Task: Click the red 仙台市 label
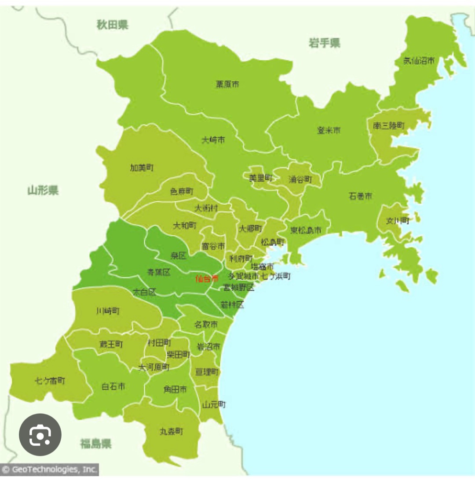point(206,278)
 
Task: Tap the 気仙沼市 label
point(419,61)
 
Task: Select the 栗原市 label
point(227,84)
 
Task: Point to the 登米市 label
point(329,130)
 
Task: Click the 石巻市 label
point(360,196)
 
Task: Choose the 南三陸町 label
point(388,126)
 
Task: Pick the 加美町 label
point(142,168)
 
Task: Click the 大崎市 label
point(213,140)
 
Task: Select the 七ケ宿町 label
point(50,381)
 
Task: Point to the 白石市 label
point(113,386)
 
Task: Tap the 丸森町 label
point(171,431)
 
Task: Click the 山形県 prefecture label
point(43,190)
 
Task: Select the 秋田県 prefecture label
point(113,25)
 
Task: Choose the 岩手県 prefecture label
point(324,43)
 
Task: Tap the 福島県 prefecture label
point(95,443)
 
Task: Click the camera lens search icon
point(40,435)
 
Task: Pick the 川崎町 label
point(108,311)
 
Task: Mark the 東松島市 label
point(305,230)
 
